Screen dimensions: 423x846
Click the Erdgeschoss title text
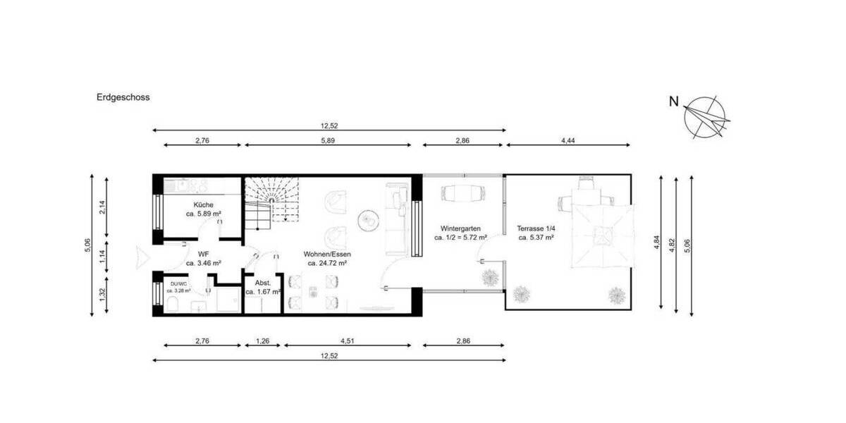click(x=123, y=98)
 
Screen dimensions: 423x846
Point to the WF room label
click(x=203, y=254)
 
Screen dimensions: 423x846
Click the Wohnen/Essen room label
click(x=327, y=254)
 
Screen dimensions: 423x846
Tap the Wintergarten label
click(x=461, y=229)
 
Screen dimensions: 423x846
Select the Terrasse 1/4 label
click(x=535, y=229)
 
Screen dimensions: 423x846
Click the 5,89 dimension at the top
click(x=327, y=141)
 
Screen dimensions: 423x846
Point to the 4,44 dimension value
click(x=568, y=141)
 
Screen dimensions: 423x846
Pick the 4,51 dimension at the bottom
click(x=347, y=341)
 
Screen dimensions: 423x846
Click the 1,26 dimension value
click(x=262, y=341)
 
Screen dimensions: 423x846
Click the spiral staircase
click(x=271, y=199)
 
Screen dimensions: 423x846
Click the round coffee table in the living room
click(x=367, y=220)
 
